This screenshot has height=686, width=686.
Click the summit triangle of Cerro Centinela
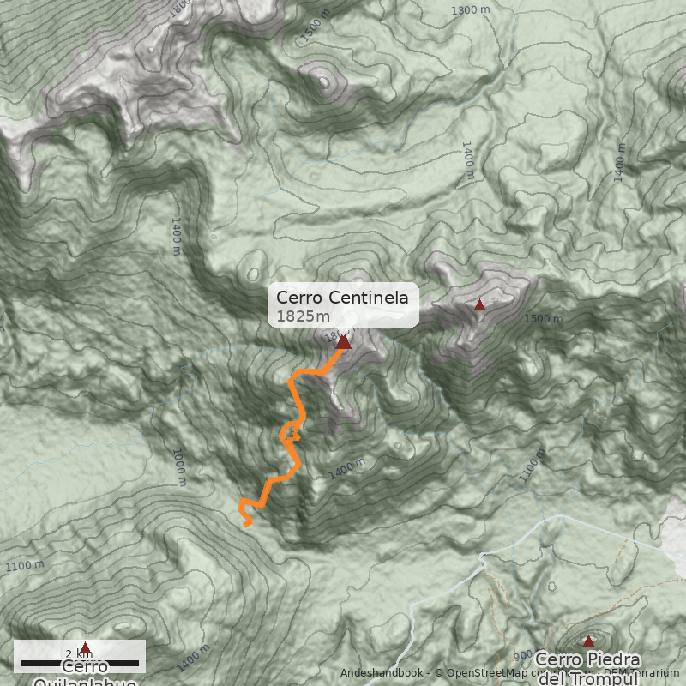343,342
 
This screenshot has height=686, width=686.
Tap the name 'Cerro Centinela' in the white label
347,298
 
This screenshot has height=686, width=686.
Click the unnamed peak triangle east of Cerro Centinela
479,304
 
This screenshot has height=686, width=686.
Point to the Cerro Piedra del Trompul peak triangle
588,641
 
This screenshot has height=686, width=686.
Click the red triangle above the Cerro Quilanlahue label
84,647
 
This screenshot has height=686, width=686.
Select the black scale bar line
80,663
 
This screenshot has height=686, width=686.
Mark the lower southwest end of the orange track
248,525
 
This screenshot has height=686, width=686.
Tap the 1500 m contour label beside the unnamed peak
544,319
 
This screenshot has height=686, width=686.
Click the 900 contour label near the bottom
523,654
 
